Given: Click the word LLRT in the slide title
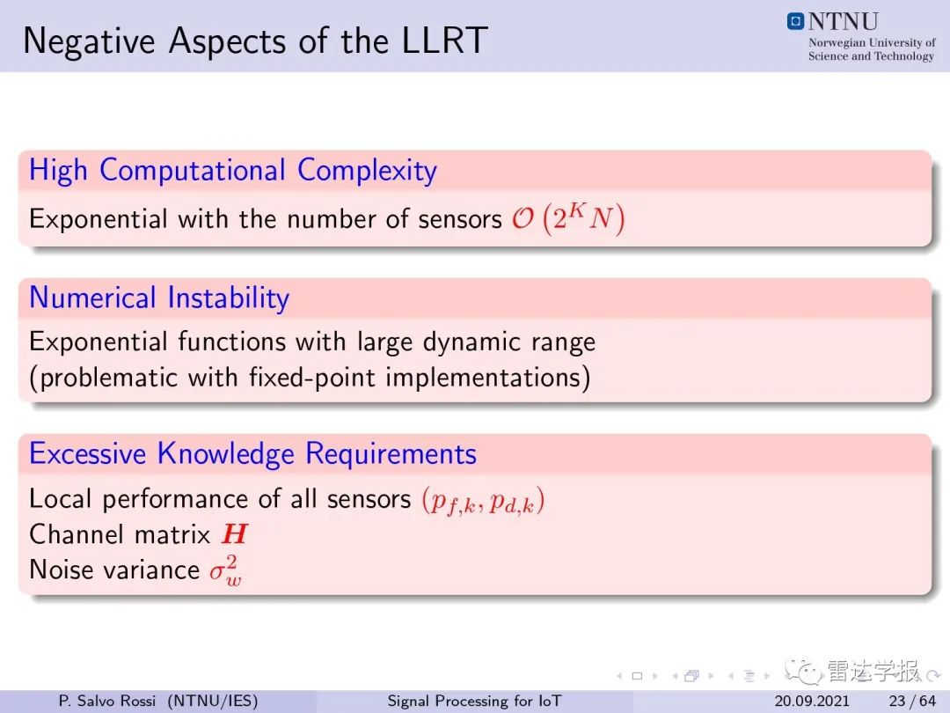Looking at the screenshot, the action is (444, 40).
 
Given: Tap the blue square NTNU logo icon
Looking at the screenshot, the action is (795, 22).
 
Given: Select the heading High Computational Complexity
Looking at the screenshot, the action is (232, 171).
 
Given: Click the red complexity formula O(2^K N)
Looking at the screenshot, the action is (567, 218).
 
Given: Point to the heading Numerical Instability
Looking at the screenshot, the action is (159, 298).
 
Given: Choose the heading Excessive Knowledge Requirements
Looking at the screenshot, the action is (252, 453).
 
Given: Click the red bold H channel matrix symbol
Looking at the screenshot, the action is (235, 534).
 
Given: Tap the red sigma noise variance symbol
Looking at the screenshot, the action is (225, 571).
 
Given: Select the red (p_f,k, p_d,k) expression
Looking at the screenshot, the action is (483, 501).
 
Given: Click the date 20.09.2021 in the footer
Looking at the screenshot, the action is (812, 701).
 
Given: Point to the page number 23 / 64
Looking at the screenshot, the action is (912, 701).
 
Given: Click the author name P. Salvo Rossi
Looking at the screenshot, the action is (107, 701).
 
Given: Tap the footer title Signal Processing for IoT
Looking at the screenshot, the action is (474, 701).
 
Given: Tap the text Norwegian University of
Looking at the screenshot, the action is (872, 42).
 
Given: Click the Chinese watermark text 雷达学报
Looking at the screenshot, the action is (873, 671).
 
